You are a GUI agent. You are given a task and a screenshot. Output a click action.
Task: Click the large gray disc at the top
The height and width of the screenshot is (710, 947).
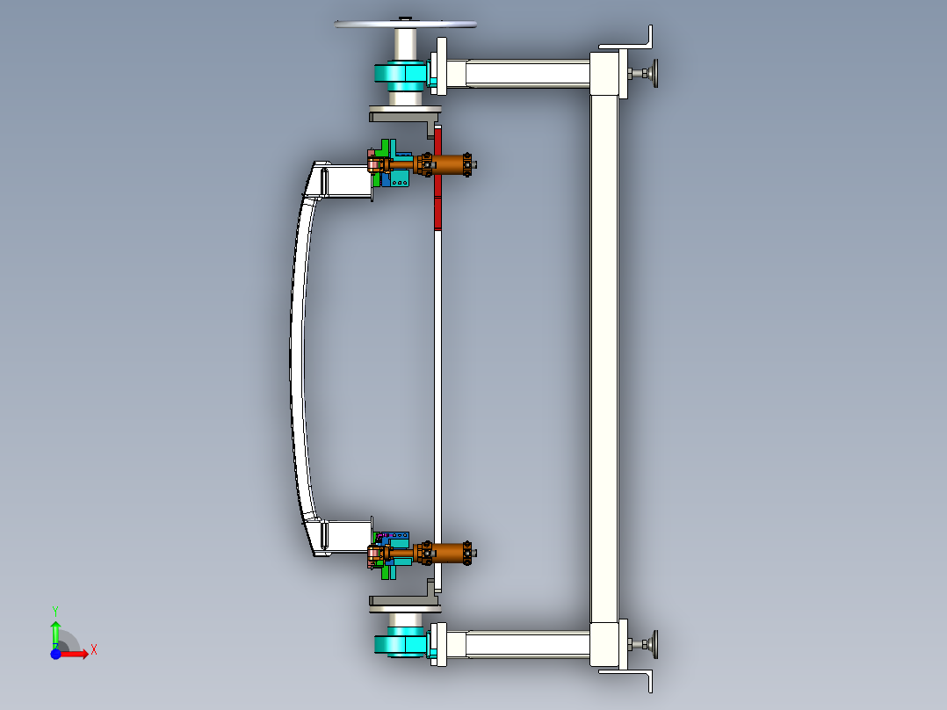click(405, 24)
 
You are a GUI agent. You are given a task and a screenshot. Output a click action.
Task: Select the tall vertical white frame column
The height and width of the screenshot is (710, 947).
click(604, 351)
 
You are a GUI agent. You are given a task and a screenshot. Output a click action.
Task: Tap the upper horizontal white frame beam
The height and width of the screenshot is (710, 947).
click(527, 74)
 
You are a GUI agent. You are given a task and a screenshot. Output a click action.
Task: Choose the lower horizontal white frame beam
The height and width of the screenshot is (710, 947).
click(527, 644)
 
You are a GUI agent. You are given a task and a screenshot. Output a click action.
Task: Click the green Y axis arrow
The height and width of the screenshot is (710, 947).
click(55, 631)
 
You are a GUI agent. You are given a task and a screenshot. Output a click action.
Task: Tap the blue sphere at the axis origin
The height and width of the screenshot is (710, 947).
click(55, 654)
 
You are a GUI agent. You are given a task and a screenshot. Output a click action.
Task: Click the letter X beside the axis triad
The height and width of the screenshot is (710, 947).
click(93, 650)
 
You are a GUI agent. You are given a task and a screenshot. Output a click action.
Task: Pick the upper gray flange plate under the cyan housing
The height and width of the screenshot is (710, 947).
click(404, 112)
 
